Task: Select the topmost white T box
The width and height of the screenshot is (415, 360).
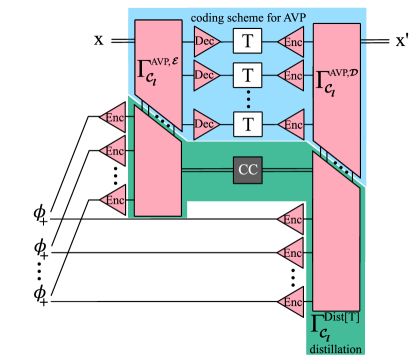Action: (x=247, y=41)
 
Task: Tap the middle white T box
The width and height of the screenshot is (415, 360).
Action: (x=247, y=74)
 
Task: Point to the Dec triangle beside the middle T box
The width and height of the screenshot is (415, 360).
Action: (x=205, y=74)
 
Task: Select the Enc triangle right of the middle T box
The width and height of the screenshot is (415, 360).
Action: (x=291, y=74)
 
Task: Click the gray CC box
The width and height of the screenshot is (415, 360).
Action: (x=247, y=170)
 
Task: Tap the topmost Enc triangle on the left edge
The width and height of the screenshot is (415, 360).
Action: (x=113, y=117)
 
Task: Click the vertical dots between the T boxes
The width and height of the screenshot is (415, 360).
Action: (x=247, y=99)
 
